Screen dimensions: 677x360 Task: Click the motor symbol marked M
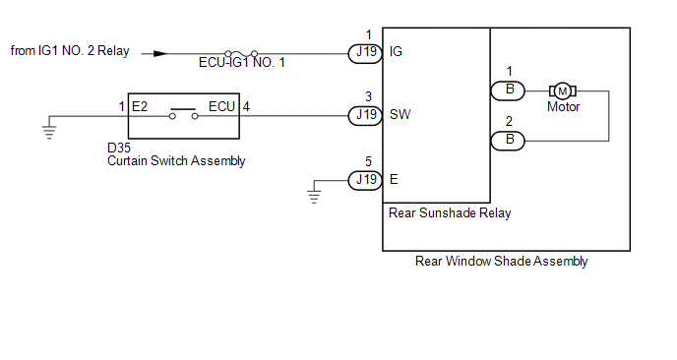pyautogui.click(x=562, y=91)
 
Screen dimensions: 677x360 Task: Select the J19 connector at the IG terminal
pyautogui.click(x=365, y=53)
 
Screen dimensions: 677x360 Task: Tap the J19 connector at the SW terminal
pyautogui.click(x=365, y=116)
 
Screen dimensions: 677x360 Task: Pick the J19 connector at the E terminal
pyautogui.click(x=365, y=180)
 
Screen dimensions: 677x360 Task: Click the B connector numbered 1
pyautogui.click(x=508, y=90)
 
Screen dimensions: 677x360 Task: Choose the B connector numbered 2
pyautogui.click(x=508, y=141)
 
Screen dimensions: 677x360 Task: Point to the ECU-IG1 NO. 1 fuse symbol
pyautogui.click(x=241, y=54)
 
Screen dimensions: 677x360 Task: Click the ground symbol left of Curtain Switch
pyautogui.click(x=49, y=132)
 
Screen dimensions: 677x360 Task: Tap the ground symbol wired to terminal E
pyautogui.click(x=314, y=197)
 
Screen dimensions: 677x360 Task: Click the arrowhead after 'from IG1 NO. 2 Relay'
pyautogui.click(x=160, y=53)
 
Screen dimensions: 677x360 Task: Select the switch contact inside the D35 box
pyautogui.click(x=183, y=113)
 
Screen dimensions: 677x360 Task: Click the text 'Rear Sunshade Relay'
pyautogui.click(x=450, y=212)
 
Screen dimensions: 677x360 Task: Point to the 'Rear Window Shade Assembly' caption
pyautogui.click(x=501, y=262)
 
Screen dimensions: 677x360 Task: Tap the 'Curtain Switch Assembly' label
pyautogui.click(x=176, y=161)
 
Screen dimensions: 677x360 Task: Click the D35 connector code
pyautogui.click(x=119, y=148)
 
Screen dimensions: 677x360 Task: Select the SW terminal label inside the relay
pyautogui.click(x=400, y=114)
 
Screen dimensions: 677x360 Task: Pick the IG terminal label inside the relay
pyautogui.click(x=396, y=52)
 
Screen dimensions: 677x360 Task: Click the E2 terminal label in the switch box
pyautogui.click(x=140, y=106)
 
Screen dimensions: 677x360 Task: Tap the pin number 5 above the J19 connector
pyautogui.click(x=368, y=162)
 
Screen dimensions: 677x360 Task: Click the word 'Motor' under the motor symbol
pyautogui.click(x=564, y=106)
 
